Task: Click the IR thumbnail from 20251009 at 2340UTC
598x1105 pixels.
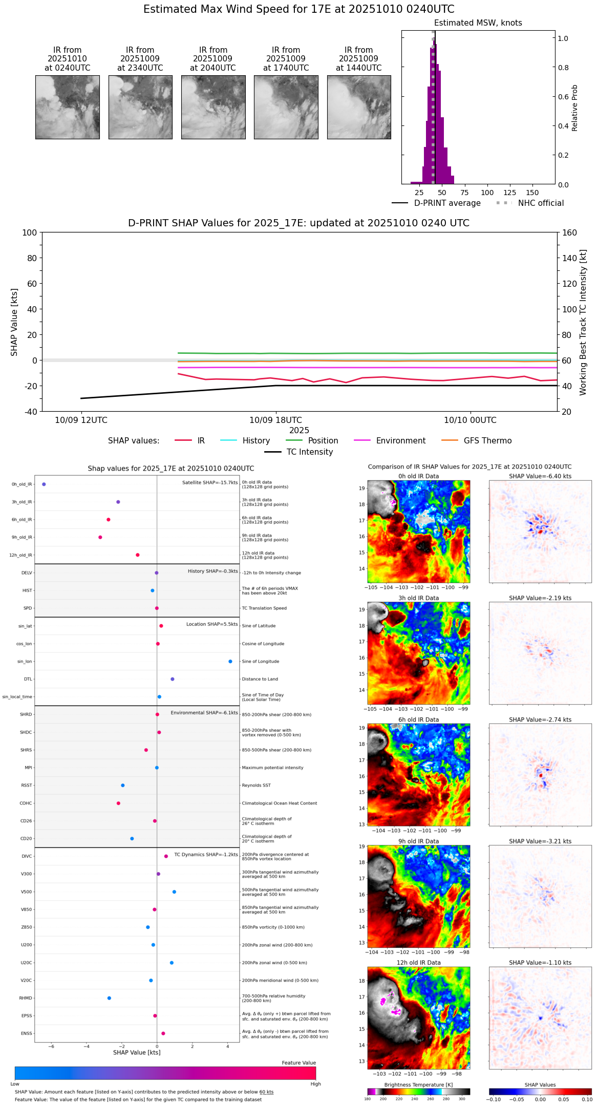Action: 140,107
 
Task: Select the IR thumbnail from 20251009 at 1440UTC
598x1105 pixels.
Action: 359,107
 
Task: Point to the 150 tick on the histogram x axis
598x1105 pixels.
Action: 532,193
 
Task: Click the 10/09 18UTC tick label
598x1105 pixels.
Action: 275,420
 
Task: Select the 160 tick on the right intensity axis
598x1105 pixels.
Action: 570,232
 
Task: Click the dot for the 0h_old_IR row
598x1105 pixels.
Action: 44,484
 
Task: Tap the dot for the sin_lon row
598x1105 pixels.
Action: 230,662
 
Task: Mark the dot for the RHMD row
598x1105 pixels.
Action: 109,998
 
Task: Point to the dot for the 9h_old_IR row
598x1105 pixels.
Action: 100,537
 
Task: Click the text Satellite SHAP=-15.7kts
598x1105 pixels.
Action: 210,482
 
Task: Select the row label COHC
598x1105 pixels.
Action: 26,803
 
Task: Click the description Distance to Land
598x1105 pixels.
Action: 260,679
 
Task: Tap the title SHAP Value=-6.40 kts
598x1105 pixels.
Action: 540,476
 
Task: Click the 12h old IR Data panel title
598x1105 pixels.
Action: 418,963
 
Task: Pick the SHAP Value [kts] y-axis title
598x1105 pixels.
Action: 14,322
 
